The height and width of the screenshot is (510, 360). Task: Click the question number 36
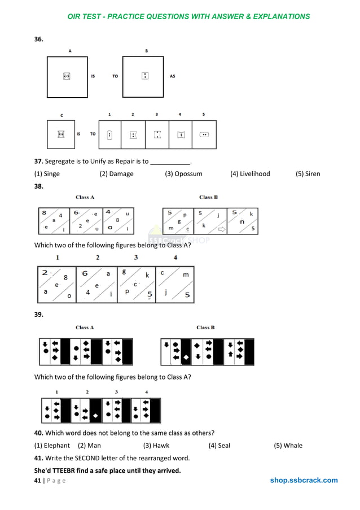(x=39, y=39)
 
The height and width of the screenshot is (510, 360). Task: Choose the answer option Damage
(x=116, y=174)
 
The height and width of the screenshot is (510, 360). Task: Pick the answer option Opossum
(x=183, y=174)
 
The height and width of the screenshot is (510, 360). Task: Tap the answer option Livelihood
(x=250, y=174)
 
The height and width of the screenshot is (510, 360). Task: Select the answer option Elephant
(x=52, y=446)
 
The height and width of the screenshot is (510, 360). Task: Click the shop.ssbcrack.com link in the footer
(x=304, y=481)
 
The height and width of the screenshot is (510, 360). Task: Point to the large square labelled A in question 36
(x=67, y=76)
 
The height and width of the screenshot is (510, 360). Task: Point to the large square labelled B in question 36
(x=144, y=76)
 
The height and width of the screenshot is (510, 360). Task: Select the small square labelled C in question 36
(x=61, y=134)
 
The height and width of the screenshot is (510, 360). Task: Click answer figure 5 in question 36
(x=204, y=134)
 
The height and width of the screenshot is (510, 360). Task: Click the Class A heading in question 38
(x=85, y=197)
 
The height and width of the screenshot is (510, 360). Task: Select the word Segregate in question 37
(x=60, y=162)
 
